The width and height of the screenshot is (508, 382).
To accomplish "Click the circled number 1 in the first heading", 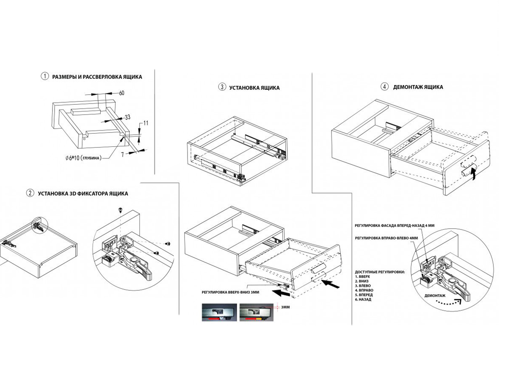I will [44, 77].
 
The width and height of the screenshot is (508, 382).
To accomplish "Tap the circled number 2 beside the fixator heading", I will [30, 193].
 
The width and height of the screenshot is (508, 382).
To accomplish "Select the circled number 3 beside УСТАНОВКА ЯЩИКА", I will [222, 87].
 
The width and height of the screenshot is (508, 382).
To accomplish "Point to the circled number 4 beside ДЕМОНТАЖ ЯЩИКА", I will [384, 87].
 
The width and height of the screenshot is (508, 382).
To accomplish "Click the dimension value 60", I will [122, 93].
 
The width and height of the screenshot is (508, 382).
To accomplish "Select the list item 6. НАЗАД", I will [364, 299].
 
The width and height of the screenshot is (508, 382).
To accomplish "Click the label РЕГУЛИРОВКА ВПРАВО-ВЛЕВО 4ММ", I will [386, 238].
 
